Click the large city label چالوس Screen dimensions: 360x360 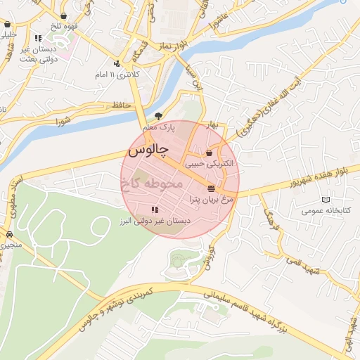click(x=146, y=150)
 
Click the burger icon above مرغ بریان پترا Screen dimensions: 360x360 click(x=211, y=187)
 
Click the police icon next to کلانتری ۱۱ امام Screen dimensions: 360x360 click(x=98, y=73)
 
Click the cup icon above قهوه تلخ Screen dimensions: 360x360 click(x=65, y=15)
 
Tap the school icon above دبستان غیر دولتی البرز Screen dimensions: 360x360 click(x=155, y=210)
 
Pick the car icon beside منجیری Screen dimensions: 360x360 click(x=9, y=235)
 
